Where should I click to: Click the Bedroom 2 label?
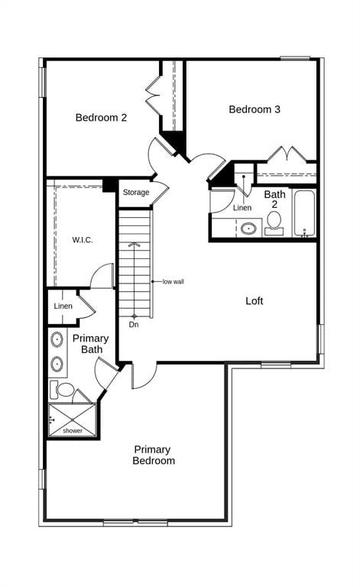(x=101, y=118)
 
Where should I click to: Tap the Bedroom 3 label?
(x=255, y=109)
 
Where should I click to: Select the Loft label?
(x=255, y=300)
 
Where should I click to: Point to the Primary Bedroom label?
(x=154, y=455)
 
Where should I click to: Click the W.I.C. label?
(x=83, y=240)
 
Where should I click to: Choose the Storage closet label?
(x=136, y=193)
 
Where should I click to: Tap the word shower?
(x=73, y=431)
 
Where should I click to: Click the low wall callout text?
(x=174, y=281)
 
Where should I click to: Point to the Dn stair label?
(x=134, y=325)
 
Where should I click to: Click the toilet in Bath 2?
(x=274, y=223)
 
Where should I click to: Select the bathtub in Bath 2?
(x=304, y=213)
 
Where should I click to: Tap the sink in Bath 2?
(x=248, y=228)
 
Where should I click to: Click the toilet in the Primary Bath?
(x=62, y=390)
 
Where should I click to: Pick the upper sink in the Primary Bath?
(x=57, y=339)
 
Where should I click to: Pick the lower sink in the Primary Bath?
(x=57, y=364)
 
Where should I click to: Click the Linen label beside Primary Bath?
(x=63, y=306)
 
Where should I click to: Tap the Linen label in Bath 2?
(x=242, y=207)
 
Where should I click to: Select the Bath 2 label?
(x=274, y=199)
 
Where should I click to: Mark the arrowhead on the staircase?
(x=134, y=245)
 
